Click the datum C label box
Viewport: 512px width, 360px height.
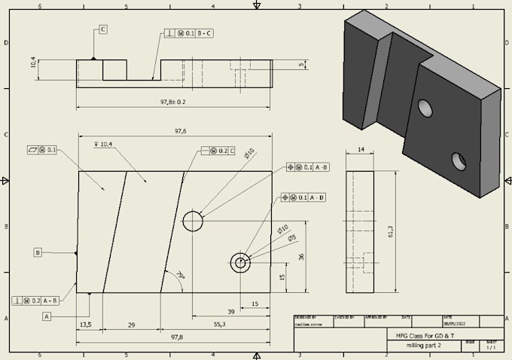pyautogui.click(x=102, y=29)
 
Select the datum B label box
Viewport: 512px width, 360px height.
pyautogui.click(x=37, y=252)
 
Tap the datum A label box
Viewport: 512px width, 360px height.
pyautogui.click(x=47, y=317)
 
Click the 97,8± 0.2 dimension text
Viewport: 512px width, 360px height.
pyautogui.click(x=172, y=101)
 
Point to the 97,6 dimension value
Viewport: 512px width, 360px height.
pyautogui.click(x=181, y=131)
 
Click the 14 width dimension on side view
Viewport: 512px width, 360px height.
pyautogui.click(x=360, y=151)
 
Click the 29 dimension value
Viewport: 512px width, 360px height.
pyautogui.click(x=132, y=325)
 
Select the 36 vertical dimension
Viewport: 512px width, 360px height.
pyautogui.click(x=301, y=257)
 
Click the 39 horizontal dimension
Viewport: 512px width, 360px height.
pyautogui.click(x=231, y=311)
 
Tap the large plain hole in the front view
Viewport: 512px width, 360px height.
pyautogui.click(x=193, y=221)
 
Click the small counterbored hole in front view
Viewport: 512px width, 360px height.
pyautogui.click(x=240, y=263)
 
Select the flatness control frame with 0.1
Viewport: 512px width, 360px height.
pyautogui.click(x=41, y=150)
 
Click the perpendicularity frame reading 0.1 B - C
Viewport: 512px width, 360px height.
pyautogui.click(x=189, y=34)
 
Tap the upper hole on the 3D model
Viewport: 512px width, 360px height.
pyautogui.click(x=425, y=108)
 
